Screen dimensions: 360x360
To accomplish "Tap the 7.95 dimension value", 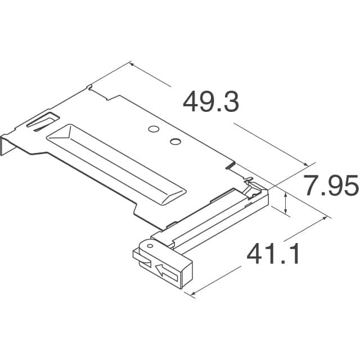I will pos(331,186).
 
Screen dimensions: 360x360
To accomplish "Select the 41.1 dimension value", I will pos(272,256).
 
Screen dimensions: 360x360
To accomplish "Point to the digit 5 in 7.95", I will pos(349,186).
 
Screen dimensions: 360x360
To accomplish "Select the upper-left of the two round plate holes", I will pos(152,130).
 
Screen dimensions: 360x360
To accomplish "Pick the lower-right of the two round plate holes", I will pos(175,141).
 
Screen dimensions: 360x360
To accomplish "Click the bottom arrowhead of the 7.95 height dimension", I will pos(287,211).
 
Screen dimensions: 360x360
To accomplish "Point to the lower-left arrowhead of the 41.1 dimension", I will pos(193,293).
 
